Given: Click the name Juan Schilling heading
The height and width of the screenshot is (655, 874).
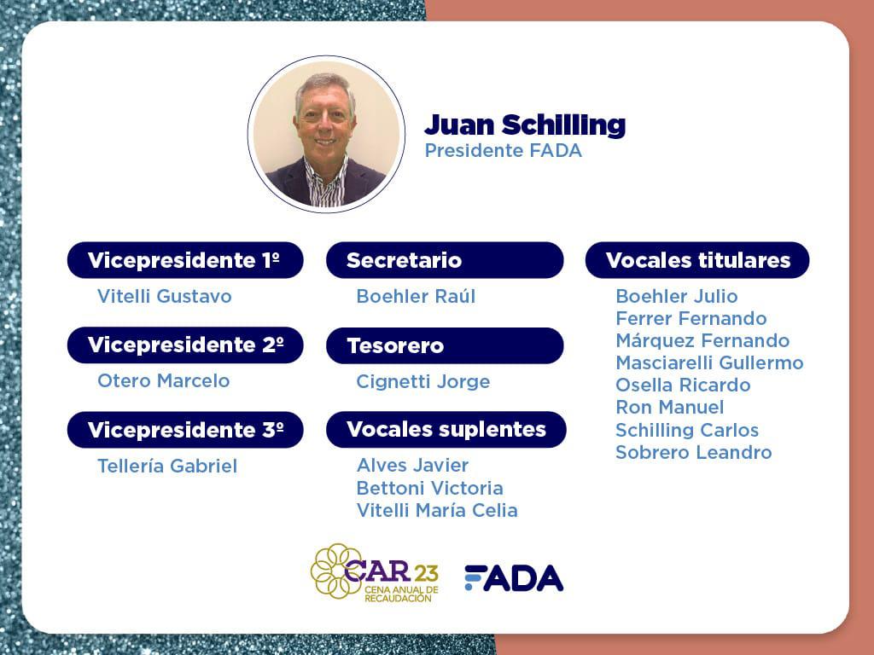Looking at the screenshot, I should tap(525, 125).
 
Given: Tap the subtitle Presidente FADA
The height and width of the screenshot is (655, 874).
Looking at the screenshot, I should tap(504, 151).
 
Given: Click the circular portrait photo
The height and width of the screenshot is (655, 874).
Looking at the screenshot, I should tap(325, 134).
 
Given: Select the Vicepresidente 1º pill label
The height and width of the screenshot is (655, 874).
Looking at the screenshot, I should tap(185, 260).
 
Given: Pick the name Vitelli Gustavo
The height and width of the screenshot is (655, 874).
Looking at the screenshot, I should tap(165, 297).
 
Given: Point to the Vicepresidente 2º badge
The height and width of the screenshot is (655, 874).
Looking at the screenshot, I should tap(185, 345).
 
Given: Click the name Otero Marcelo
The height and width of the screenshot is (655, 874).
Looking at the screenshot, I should tap(164, 380).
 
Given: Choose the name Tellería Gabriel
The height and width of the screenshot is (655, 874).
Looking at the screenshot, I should tap(167, 466).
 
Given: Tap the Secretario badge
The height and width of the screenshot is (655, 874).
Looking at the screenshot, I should tap(445, 260).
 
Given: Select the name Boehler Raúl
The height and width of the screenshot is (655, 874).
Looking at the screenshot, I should tap(416, 297).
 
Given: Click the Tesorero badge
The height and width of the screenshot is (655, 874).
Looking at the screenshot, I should tap(445, 345).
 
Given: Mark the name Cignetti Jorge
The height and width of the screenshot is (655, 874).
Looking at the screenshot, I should tap(423, 381).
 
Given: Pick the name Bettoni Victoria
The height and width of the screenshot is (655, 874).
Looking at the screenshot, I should tap(430, 488).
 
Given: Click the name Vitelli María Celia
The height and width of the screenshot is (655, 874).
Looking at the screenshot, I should tap(437, 510).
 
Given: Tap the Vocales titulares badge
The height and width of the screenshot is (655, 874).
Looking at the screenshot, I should tap(697, 260).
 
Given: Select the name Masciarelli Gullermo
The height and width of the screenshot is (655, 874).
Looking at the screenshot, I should tap(709, 362).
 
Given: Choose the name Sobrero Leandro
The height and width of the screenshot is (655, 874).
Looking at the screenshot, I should tap(694, 452).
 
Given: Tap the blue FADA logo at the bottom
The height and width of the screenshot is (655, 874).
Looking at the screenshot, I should tap(514, 577).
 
